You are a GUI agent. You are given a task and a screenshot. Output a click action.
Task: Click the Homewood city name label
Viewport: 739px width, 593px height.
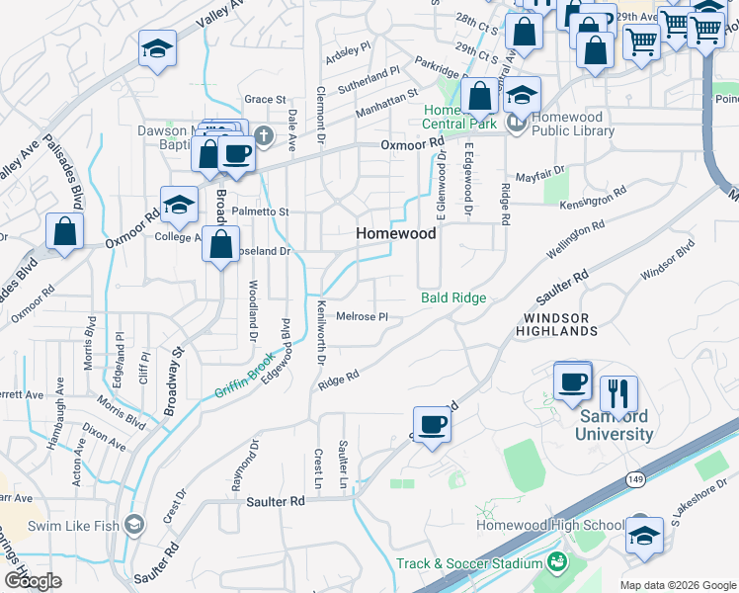point(395,233)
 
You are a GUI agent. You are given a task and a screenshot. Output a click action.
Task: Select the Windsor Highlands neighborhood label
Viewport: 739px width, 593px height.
point(556,324)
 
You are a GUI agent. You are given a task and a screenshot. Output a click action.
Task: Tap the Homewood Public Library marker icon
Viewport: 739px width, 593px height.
point(515,124)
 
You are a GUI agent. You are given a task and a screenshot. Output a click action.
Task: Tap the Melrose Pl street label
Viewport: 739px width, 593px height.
point(362,316)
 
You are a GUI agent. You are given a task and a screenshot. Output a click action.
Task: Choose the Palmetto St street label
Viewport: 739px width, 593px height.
point(260,212)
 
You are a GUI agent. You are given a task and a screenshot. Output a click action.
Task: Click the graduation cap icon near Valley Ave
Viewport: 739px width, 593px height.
point(158,48)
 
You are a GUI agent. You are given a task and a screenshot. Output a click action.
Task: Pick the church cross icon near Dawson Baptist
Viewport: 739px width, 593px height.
point(262,135)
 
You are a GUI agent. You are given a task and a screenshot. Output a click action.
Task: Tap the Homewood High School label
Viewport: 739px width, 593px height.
point(551,525)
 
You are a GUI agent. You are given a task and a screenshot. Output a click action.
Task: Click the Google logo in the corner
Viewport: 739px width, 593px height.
point(33,581)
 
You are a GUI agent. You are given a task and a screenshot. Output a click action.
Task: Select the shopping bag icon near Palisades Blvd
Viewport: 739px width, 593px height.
point(64,232)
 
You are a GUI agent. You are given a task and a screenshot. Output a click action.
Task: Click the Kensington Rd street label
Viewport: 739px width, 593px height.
point(593,198)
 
